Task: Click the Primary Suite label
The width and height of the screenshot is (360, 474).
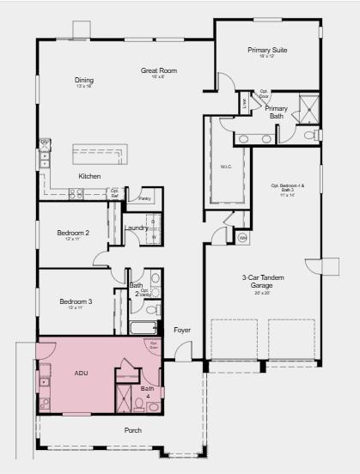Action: pos(266,51)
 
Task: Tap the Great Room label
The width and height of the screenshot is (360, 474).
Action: pos(158,70)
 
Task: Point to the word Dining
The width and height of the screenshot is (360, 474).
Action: pos(83,81)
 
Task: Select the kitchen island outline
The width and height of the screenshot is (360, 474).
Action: pos(100,155)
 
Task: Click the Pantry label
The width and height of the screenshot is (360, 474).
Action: pos(144,198)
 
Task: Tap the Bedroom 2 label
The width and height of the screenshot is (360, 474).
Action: pos(74,233)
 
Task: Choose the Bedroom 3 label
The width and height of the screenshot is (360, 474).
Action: pos(76,301)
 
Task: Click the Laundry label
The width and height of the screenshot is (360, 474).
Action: pos(137,228)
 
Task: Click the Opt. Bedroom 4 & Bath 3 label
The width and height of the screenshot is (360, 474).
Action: pos(288,187)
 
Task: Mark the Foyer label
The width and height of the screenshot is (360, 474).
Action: pos(182,330)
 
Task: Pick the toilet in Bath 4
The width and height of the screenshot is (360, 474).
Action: pos(153,405)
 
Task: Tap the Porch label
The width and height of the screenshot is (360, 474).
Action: pos(132,430)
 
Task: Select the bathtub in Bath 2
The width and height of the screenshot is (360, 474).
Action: pos(143,327)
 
